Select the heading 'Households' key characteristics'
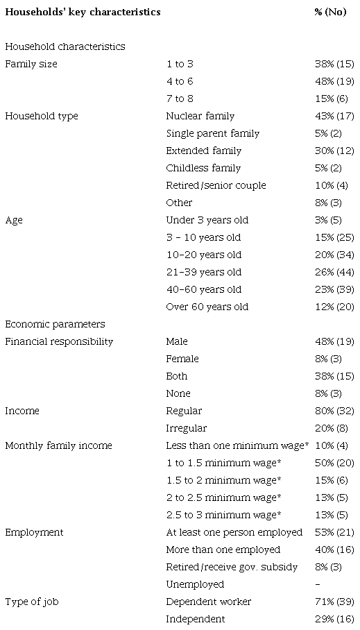click(83, 12)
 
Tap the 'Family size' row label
click(31, 64)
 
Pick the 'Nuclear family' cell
click(200, 116)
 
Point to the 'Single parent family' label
click(213, 133)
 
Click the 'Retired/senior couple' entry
click(216, 185)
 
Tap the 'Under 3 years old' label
click(207, 220)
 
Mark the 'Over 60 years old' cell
click(207, 307)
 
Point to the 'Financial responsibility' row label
click(59, 341)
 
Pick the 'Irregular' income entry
click(186, 428)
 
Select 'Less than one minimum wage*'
click(237, 445)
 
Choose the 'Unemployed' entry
click(195, 584)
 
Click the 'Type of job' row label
click(30, 602)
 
